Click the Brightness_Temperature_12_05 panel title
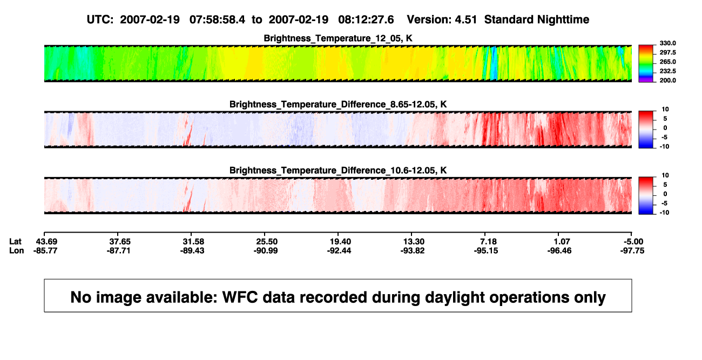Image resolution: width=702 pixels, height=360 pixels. point(338,38)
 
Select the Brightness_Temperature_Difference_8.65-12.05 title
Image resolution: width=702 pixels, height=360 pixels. point(338,104)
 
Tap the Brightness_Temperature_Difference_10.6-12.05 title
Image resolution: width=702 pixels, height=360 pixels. point(338,171)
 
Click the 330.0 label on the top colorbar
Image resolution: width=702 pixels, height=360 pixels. point(667,43)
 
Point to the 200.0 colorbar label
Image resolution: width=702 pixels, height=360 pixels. point(667,80)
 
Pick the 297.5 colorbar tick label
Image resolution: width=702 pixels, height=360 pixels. point(667,53)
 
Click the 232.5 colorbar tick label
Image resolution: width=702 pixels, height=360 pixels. point(667,71)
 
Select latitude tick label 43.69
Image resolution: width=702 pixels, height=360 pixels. point(46,242)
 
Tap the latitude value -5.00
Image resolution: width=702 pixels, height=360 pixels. point(633,242)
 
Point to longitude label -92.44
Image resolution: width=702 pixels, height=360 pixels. point(339,250)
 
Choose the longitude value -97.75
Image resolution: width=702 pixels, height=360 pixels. point(632,250)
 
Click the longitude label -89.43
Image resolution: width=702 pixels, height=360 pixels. point(192,250)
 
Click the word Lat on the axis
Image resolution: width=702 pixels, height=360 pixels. point(15,242)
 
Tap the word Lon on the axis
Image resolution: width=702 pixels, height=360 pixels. point(16,250)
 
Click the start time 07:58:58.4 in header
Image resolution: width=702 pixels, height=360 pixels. point(217,20)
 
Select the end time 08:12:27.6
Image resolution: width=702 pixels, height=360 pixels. point(366,20)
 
